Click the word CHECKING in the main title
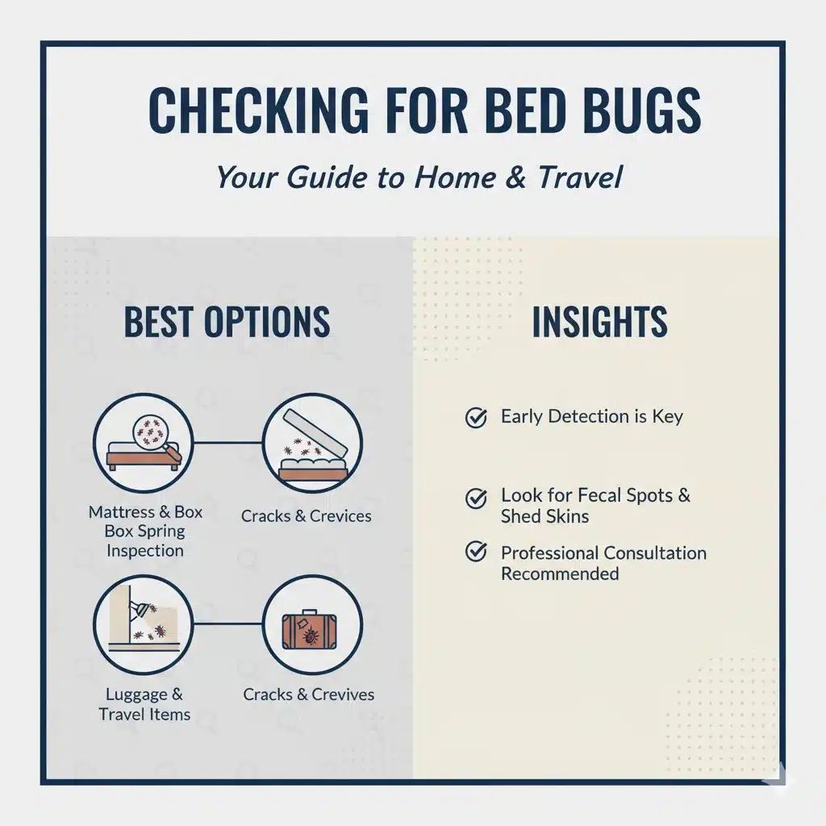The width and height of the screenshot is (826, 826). (259, 110)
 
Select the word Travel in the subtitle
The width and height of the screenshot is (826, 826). (580, 177)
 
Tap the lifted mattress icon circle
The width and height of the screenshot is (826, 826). (312, 443)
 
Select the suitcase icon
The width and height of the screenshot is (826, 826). (309, 631)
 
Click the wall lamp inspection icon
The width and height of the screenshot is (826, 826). (144, 625)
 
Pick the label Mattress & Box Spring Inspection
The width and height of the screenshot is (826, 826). (145, 531)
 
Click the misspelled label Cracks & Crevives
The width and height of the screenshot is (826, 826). (309, 695)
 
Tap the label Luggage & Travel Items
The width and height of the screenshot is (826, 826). (144, 704)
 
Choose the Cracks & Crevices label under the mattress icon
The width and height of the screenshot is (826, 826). (306, 515)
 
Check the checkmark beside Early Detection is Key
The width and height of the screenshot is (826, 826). (476, 417)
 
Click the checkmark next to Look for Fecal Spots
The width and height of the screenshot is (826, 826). (476, 498)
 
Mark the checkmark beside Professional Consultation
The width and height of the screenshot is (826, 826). (476, 552)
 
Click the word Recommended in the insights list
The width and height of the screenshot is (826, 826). (560, 574)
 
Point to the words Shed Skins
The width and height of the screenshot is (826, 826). (544, 516)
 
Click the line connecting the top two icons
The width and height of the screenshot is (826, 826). (227, 443)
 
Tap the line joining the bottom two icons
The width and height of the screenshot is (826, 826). (227, 625)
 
